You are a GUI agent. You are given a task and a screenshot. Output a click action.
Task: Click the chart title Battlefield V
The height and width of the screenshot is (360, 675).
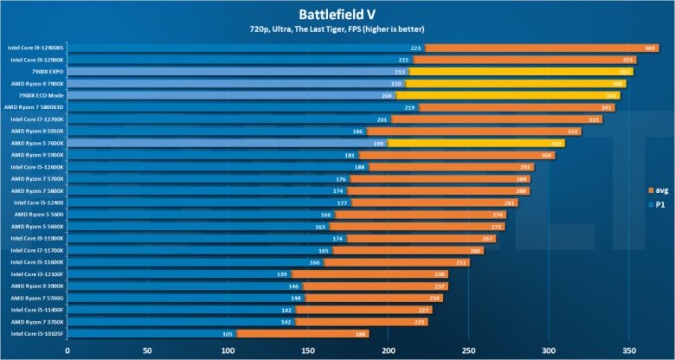[x=337, y=13]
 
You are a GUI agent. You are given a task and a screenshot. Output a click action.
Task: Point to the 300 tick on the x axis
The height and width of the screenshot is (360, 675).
[x=548, y=351]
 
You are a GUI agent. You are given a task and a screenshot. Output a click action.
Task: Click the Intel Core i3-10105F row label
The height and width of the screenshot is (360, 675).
[x=36, y=333]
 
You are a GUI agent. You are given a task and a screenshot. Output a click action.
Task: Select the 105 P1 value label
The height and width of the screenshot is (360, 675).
[x=228, y=333]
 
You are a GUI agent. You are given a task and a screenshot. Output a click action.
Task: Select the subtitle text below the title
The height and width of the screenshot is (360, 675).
[x=337, y=31]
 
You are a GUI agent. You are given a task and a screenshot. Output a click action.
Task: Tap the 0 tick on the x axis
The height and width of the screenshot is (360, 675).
[x=67, y=351]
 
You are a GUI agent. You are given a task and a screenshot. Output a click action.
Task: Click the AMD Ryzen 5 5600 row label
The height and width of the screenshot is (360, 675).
[x=38, y=215]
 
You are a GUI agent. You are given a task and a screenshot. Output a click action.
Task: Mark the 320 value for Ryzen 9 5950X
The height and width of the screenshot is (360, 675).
[x=573, y=132]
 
